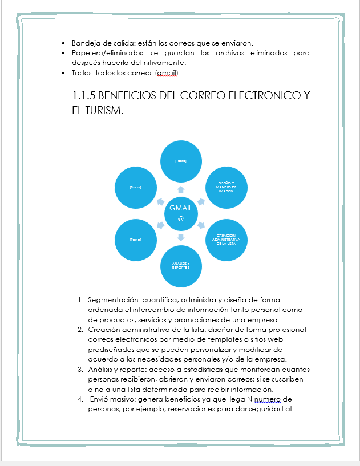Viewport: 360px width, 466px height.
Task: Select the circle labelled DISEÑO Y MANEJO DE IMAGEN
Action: pyautogui.click(x=226, y=187)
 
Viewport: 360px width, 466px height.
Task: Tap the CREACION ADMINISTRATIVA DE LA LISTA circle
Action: pyautogui.click(x=226, y=239)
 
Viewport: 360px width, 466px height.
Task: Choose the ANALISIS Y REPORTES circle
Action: pyautogui.click(x=181, y=265)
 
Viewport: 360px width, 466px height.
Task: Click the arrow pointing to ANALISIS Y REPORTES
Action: pyautogui.click(x=181, y=236)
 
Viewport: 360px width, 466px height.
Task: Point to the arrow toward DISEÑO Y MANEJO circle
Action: pyautogui.click(x=201, y=201)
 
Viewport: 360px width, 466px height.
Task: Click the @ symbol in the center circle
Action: pyautogui.click(x=181, y=219)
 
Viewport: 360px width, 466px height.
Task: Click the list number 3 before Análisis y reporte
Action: pyautogui.click(x=80, y=370)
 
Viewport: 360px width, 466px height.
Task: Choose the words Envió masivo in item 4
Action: pyautogui.click(x=111, y=399)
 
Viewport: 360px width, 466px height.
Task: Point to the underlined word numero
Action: pyautogui.click(x=267, y=399)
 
